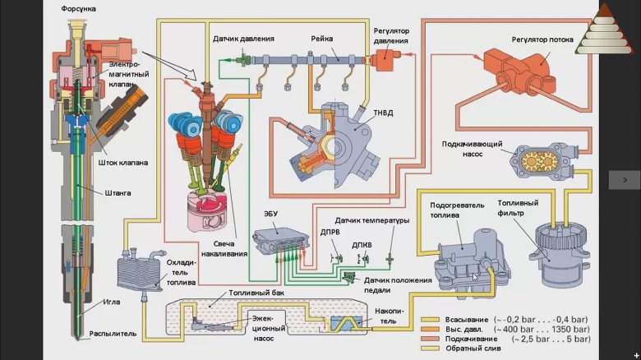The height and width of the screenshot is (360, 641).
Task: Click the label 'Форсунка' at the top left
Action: (79, 8)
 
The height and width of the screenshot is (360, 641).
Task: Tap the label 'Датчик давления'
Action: (243, 39)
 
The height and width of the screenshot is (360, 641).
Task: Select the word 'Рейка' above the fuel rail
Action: (321, 39)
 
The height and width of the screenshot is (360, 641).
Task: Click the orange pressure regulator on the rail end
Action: (385, 60)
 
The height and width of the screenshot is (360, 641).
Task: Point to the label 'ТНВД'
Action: (383, 113)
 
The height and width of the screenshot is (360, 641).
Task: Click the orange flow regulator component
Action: (520, 71)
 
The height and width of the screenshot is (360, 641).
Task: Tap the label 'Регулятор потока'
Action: (542, 39)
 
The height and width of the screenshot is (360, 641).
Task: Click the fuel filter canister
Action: (558, 254)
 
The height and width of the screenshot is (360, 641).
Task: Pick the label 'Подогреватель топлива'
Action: (457, 210)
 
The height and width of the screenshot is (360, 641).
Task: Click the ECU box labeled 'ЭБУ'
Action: (280, 241)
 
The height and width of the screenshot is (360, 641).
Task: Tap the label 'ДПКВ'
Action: (362, 245)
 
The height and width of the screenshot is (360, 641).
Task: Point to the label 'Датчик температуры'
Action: (372, 220)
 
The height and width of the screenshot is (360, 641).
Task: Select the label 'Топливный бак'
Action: (256, 293)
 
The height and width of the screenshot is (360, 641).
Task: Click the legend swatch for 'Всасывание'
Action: (430, 320)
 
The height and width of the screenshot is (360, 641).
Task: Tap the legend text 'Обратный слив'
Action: (473, 348)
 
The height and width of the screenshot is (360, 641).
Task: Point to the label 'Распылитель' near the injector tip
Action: (113, 334)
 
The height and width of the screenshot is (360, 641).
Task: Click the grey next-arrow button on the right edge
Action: (625, 180)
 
